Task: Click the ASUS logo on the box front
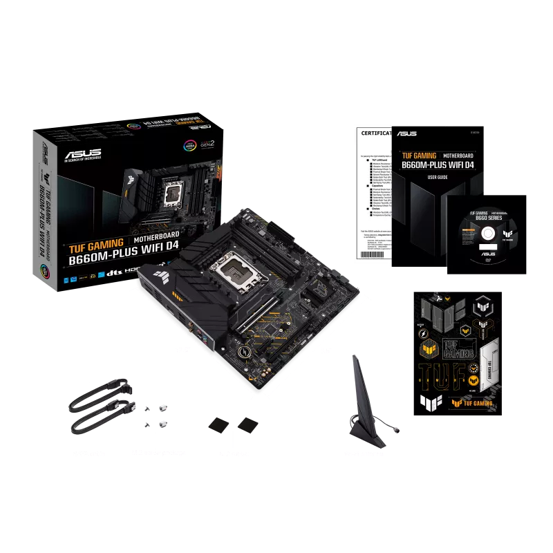(x=82, y=153)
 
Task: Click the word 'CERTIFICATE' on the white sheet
(x=373, y=133)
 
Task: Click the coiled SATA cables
(x=100, y=408)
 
